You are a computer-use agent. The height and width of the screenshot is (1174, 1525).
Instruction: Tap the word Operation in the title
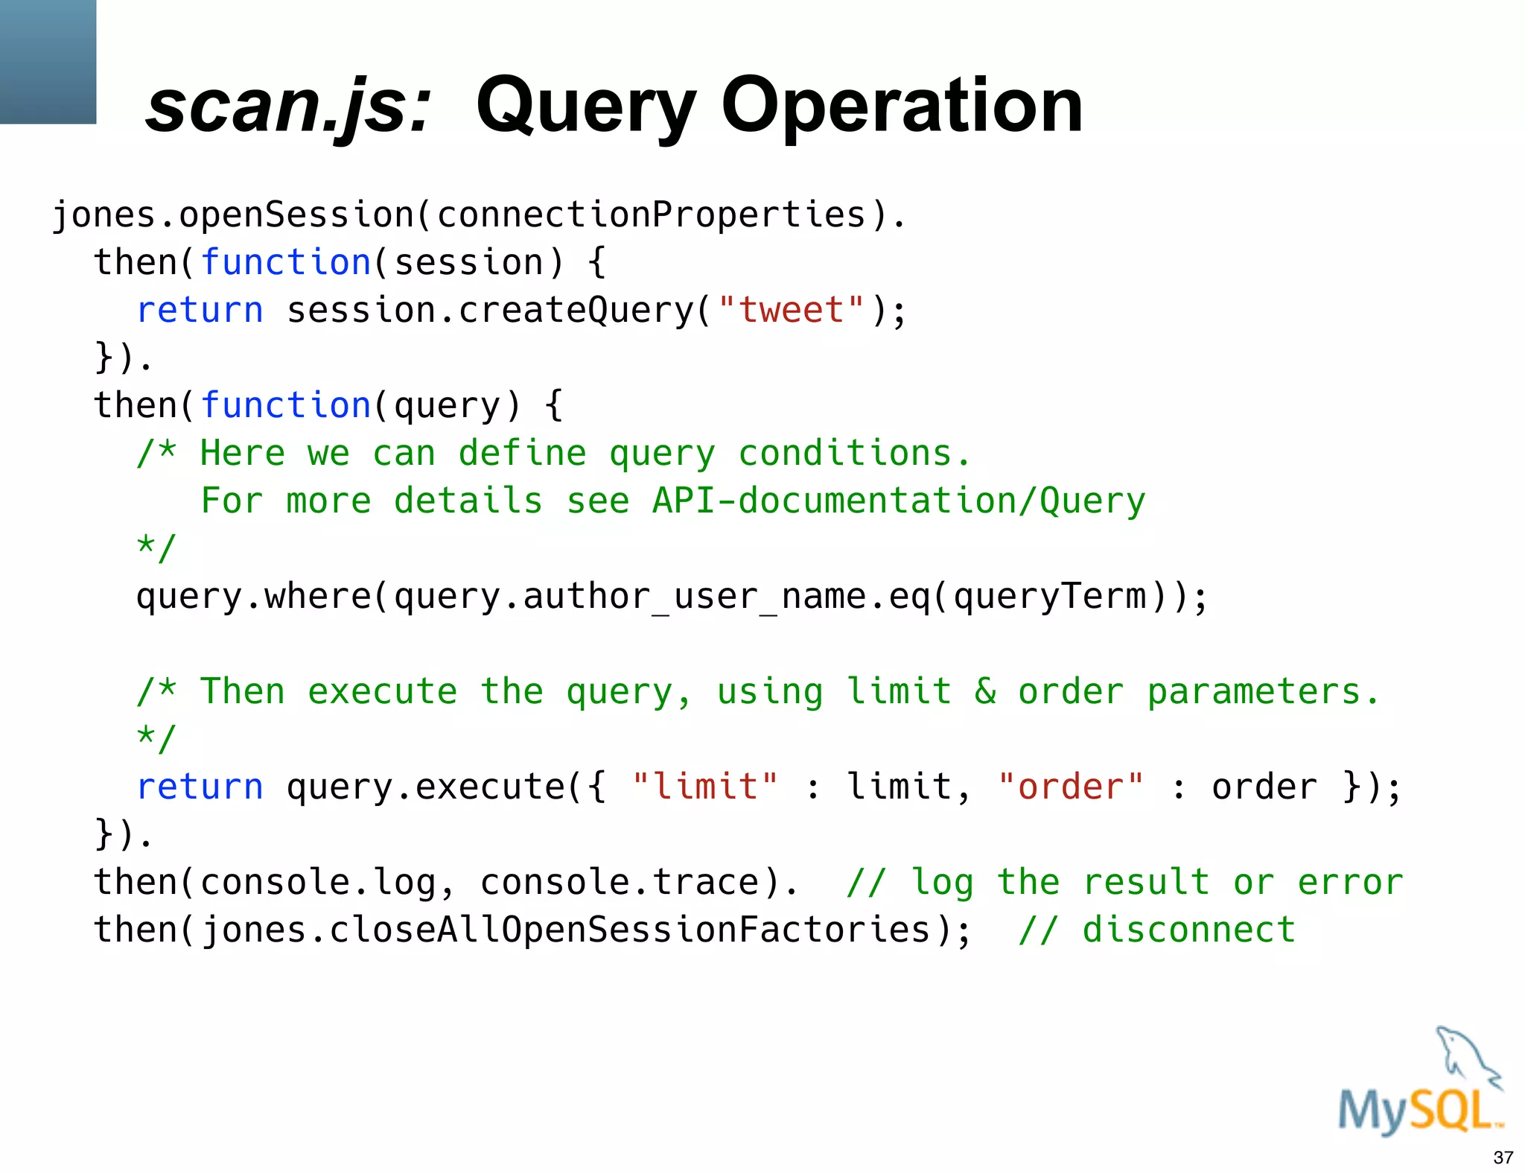coord(902,107)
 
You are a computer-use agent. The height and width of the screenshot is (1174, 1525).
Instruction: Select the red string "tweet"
coord(791,310)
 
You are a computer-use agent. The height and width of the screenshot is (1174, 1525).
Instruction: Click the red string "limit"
coord(704,787)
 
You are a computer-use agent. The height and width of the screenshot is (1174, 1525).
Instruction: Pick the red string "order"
coord(1070,787)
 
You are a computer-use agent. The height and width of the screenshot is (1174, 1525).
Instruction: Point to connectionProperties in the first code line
coord(652,215)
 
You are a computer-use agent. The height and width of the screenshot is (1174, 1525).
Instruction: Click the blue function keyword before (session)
coord(286,262)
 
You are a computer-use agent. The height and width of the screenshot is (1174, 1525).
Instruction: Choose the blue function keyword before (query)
coord(286,405)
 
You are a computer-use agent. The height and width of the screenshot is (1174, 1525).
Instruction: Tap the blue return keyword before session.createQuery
coord(200,310)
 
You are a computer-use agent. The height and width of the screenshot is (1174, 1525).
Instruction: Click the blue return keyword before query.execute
coord(200,787)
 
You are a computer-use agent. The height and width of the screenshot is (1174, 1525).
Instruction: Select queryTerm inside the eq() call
coord(1050,597)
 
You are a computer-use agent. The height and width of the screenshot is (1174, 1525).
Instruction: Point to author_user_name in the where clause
coord(694,597)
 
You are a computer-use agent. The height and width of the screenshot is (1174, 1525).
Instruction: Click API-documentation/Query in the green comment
coord(899,501)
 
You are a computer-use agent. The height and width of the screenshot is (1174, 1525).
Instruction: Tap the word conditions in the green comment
coord(844,453)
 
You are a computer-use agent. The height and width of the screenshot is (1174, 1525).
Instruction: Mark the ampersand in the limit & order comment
coord(985,691)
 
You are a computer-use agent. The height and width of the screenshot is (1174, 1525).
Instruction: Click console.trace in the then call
coord(620,882)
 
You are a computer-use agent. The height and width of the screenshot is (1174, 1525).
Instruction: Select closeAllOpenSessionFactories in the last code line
coord(630,930)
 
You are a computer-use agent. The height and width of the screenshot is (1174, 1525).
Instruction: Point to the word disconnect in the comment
coord(1189,930)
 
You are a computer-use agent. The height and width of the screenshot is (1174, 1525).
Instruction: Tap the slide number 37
coord(1503,1158)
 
